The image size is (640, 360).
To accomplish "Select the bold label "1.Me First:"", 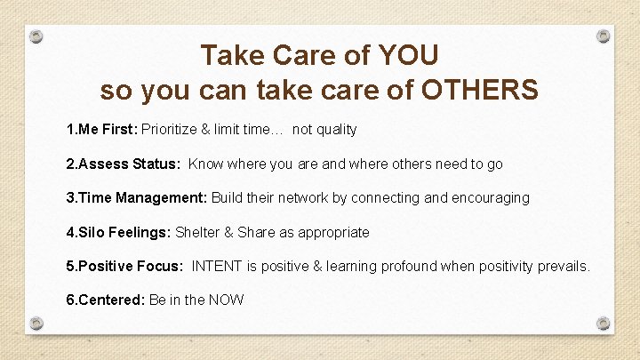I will pyautogui.click(x=102, y=130).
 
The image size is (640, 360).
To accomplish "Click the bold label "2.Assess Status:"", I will pyautogui.click(x=124, y=164).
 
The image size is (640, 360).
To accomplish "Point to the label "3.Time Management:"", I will pyautogui.click(x=137, y=197).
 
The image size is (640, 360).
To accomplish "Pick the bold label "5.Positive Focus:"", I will pyautogui.click(x=124, y=266).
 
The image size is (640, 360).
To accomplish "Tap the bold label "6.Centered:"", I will pyautogui.click(x=106, y=300).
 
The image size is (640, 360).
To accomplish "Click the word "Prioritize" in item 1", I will pyautogui.click(x=170, y=130).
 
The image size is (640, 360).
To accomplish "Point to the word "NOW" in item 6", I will pyautogui.click(x=227, y=300).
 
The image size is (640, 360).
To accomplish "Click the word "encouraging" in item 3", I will pyautogui.click(x=488, y=197).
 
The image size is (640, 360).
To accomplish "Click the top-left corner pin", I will pyautogui.click(x=36, y=37).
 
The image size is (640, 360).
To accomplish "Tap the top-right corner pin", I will pyautogui.click(x=604, y=36).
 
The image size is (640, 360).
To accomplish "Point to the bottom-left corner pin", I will pyautogui.click(x=36, y=323).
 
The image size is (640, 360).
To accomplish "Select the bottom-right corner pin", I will pyautogui.click(x=604, y=323).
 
